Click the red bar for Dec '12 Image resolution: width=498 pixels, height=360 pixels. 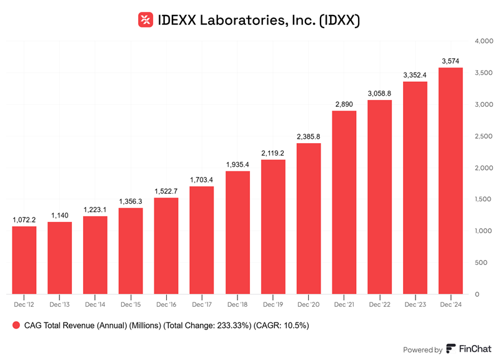tap(24, 259)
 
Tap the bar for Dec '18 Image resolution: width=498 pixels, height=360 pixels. tap(237, 232)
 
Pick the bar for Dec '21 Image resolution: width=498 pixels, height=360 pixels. tap(344, 202)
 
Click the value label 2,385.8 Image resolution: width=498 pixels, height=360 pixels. tap(308, 136)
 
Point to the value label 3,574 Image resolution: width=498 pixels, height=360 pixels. tap(451, 61)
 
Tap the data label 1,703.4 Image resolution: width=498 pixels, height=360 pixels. tap(202, 179)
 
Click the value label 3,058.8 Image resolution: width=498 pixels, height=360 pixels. tap(379, 93)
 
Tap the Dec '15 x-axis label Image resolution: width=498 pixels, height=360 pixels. tap(131, 304)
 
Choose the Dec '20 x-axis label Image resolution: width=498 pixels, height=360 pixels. tap(308, 304)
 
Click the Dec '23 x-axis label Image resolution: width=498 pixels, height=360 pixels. tap(415, 304)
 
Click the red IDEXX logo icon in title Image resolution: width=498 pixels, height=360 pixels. tap(146, 20)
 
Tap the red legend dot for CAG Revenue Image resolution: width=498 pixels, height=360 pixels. tap(15, 326)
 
